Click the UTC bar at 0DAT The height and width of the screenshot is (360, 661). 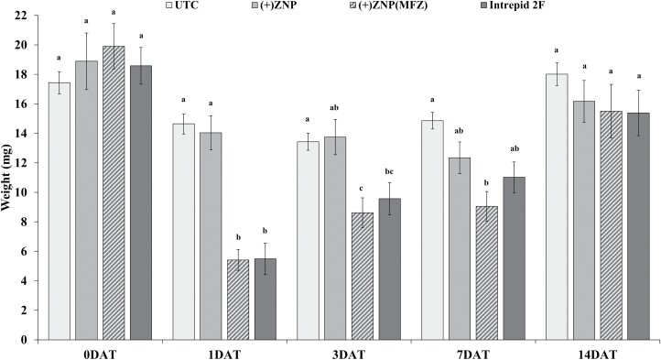point(60,211)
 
